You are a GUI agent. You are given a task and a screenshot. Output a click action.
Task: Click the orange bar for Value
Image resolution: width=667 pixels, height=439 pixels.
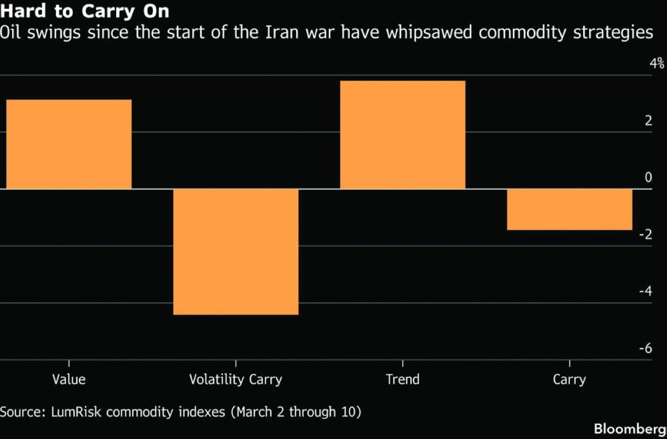pyautogui.click(x=69, y=144)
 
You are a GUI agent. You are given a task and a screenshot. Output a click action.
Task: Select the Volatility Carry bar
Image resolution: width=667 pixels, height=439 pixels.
pyautogui.click(x=236, y=251)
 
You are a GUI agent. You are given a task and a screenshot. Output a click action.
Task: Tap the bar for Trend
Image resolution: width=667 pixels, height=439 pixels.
pyautogui.click(x=402, y=135)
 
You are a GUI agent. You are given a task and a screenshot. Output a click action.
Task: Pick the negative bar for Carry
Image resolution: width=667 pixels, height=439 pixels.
pyautogui.click(x=569, y=209)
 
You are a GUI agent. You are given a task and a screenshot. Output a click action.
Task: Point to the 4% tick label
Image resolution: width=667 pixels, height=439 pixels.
pyautogui.click(x=656, y=63)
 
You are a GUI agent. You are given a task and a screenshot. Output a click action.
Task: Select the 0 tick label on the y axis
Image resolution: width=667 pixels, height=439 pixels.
pyautogui.click(x=648, y=177)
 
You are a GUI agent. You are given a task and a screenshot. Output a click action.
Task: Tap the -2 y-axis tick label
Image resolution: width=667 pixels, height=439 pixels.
pyautogui.click(x=645, y=235)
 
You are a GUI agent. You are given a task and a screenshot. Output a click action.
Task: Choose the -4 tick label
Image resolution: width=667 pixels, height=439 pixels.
pyautogui.click(x=645, y=292)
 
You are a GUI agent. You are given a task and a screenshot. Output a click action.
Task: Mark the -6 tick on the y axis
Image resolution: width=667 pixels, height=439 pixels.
pyautogui.click(x=645, y=348)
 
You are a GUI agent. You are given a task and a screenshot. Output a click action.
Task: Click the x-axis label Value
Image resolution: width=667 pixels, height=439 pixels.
pyautogui.click(x=69, y=380)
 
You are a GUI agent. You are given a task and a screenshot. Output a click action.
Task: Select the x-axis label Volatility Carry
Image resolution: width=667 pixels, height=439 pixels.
pyautogui.click(x=236, y=380)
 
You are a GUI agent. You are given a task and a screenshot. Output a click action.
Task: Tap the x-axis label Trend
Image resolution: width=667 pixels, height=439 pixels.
pyautogui.click(x=402, y=380)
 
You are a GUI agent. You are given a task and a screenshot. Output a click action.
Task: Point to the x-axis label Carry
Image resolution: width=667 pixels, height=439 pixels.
pyautogui.click(x=569, y=380)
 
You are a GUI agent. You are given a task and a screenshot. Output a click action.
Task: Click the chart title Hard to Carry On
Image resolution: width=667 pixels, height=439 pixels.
pyautogui.click(x=85, y=11)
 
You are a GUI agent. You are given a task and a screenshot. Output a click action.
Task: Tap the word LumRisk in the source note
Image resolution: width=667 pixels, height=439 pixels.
pyautogui.click(x=78, y=412)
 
